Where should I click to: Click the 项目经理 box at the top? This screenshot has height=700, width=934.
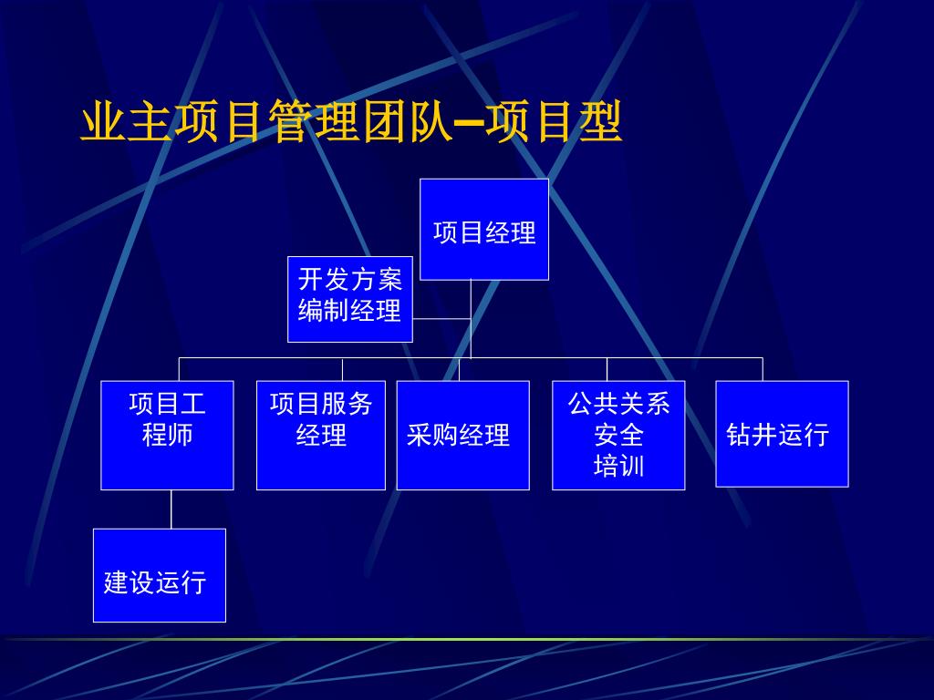[483, 229]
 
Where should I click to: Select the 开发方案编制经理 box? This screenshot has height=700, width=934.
[350, 299]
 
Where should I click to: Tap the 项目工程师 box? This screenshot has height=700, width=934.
[167, 435]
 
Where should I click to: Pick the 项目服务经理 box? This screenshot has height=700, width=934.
[321, 435]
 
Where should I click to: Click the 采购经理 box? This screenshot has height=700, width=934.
[462, 435]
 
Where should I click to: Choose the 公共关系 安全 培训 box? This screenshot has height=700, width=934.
[618, 435]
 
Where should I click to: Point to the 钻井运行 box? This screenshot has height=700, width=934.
[782, 433]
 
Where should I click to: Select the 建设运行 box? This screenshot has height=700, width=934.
[159, 575]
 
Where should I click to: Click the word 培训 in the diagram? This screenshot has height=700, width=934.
[618, 466]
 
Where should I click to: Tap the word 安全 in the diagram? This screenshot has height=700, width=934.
[618, 435]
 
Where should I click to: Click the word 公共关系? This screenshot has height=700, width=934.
[618, 403]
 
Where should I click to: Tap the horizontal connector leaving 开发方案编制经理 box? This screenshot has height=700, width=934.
[441, 319]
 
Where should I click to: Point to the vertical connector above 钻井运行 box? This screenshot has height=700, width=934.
[763, 369]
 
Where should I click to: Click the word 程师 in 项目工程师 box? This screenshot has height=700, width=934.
[167, 434]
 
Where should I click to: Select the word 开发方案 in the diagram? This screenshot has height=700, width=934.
[350, 279]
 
